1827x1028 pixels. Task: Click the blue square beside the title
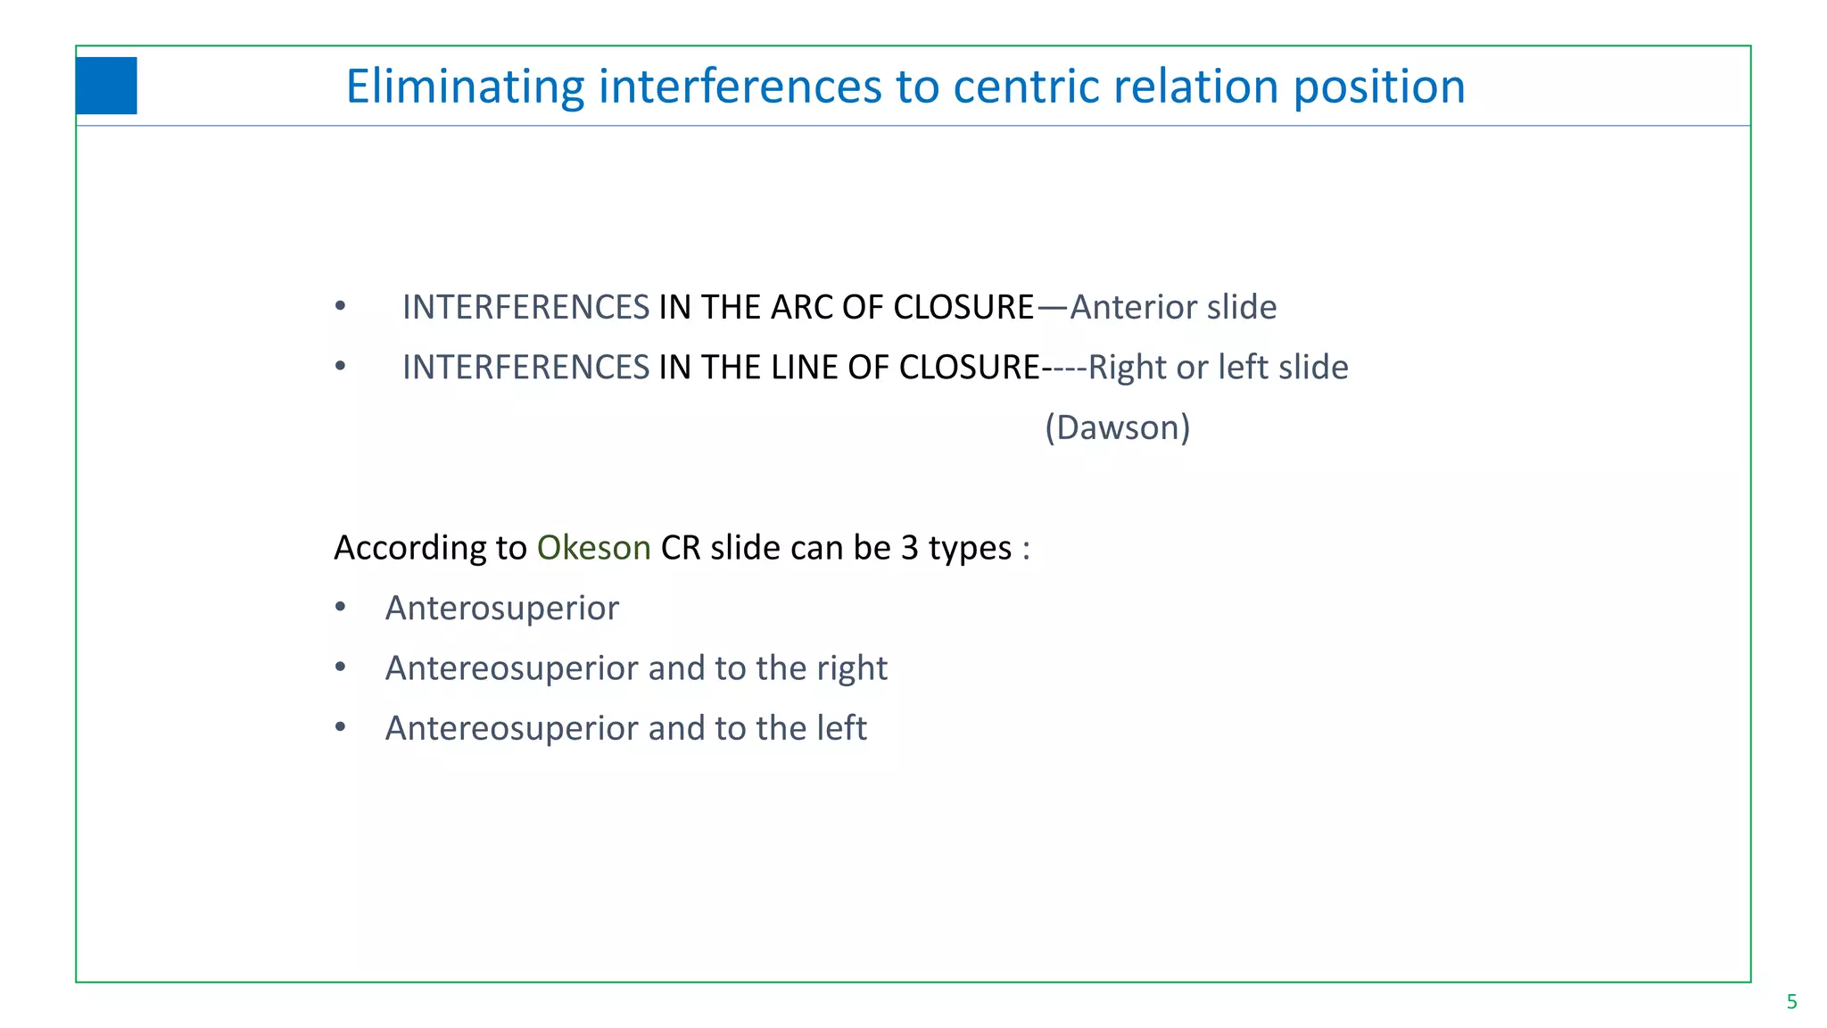click(x=106, y=86)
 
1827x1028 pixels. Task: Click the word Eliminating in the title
click(x=464, y=87)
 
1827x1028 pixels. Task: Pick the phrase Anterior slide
click(x=1173, y=307)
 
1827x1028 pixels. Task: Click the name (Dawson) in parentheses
click(x=1117, y=427)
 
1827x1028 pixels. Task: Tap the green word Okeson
click(x=593, y=548)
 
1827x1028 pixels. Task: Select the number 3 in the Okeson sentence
click(x=909, y=548)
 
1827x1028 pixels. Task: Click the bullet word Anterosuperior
click(x=501, y=609)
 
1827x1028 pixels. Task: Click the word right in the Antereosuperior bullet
click(x=852, y=669)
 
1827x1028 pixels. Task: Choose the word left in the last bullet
click(x=841, y=728)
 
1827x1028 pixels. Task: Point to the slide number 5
click(x=1791, y=1002)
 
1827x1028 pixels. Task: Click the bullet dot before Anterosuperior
click(x=340, y=608)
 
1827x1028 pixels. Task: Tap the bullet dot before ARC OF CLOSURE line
click(x=340, y=307)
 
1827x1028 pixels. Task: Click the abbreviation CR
click(x=681, y=548)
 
